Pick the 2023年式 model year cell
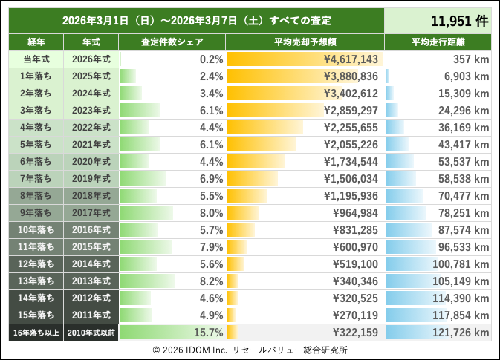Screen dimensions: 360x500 pyautogui.click(x=91, y=110)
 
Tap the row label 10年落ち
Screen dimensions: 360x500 pyautogui.click(x=36, y=229)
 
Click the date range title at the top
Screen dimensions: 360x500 pyautogui.click(x=196, y=20)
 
